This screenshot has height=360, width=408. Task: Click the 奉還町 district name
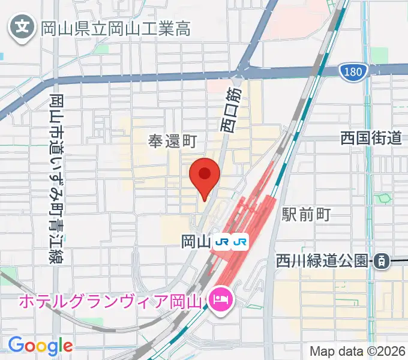[173, 142]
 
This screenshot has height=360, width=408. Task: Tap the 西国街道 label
[370, 139]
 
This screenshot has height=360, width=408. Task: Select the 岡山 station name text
[196, 242]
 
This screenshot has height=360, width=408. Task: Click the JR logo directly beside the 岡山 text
[223, 242]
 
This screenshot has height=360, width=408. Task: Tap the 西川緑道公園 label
[322, 261]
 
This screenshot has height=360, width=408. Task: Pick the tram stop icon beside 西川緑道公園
[380, 261]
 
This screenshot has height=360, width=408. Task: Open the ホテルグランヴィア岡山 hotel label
[112, 299]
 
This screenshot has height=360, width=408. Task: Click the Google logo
[40, 345]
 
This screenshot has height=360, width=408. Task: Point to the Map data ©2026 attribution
[357, 350]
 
